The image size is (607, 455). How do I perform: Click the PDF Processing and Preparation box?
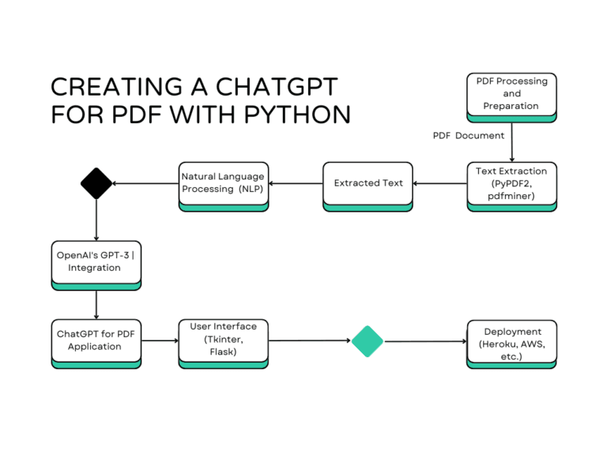click(511, 94)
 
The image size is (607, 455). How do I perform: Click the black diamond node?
click(96, 183)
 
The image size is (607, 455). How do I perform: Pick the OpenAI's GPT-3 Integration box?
click(96, 262)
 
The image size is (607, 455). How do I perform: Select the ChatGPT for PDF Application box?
click(96, 341)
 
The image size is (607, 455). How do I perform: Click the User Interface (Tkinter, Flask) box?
click(223, 340)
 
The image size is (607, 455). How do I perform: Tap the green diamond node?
click(367, 341)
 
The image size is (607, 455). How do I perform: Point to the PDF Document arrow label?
click(468, 136)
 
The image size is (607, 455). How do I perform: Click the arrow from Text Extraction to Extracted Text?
click(439, 183)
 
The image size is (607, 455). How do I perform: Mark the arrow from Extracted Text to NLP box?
click(296, 183)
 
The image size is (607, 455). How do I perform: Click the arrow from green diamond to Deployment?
click(424, 341)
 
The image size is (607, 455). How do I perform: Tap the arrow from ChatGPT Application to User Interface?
click(160, 341)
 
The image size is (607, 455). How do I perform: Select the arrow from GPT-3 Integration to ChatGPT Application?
click(96, 303)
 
